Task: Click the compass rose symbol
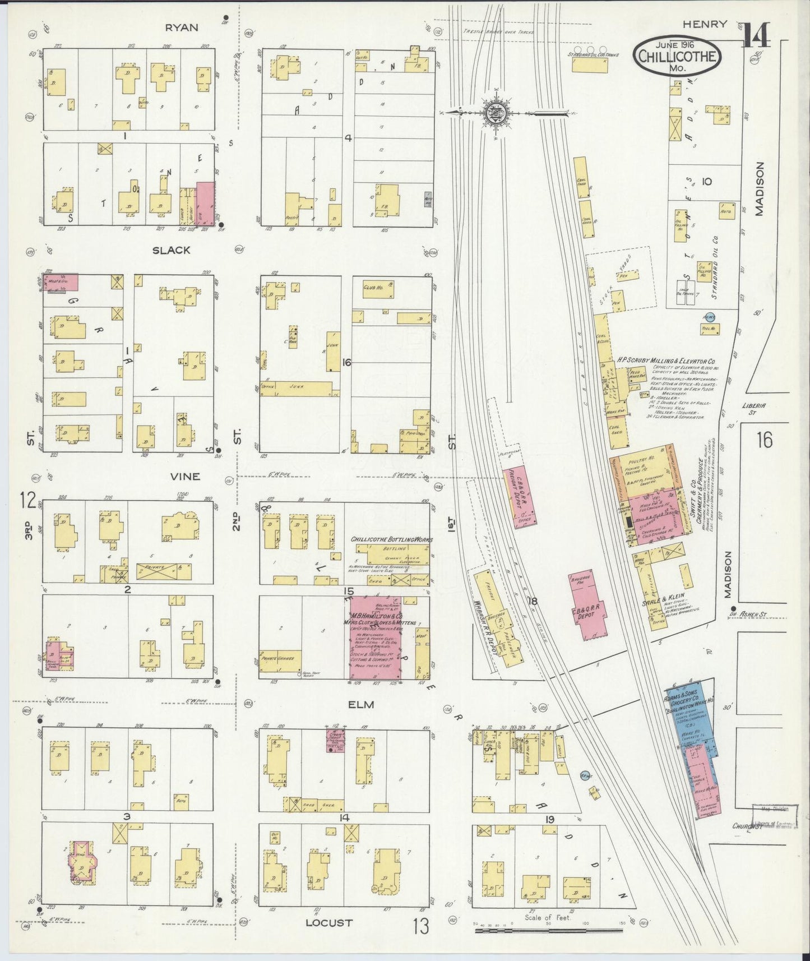[x=496, y=113]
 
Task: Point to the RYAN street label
[x=182, y=27]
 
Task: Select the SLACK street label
[x=171, y=250]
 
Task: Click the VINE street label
[x=186, y=476]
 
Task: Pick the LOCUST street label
[x=329, y=922]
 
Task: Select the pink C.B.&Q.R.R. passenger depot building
[x=588, y=606]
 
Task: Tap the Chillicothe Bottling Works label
[x=391, y=539]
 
